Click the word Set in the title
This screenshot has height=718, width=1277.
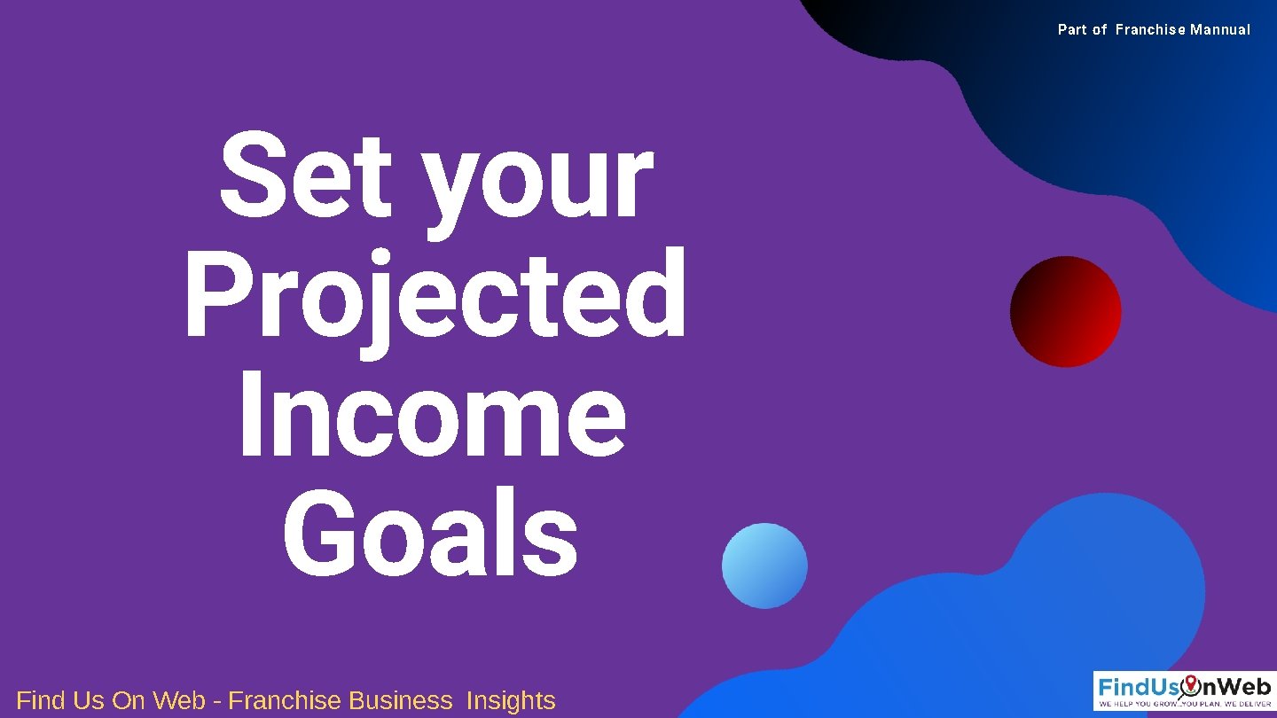tap(304, 176)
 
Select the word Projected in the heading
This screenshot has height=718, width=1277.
tap(435, 297)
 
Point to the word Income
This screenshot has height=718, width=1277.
tap(432, 417)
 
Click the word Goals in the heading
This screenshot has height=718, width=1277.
tap(431, 535)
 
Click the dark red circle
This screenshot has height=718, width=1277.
tap(1065, 312)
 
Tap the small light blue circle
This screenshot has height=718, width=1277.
tap(764, 566)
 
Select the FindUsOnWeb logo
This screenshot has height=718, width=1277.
tap(1184, 691)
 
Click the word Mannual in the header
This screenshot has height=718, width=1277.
tap(1220, 30)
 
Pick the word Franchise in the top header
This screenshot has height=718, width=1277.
tap(1150, 30)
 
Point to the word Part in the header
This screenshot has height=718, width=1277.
tap(1071, 30)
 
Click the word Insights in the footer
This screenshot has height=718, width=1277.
tap(511, 700)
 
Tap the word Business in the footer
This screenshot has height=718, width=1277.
tap(400, 700)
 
